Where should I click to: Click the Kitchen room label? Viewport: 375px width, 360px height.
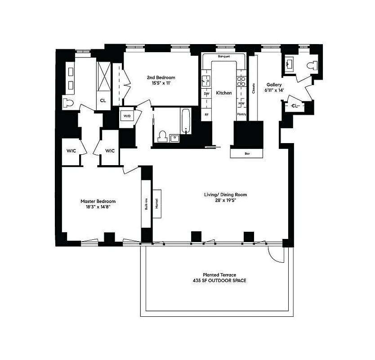224,93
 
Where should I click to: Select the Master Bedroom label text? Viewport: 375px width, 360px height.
98,201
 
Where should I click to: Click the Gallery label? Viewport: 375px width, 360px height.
274,85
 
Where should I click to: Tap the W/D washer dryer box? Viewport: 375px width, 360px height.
126,116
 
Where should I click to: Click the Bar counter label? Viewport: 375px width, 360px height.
247,153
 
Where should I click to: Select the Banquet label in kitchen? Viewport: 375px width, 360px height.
223,57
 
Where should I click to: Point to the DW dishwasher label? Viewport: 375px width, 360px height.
207,94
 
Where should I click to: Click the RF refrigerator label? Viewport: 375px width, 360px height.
207,115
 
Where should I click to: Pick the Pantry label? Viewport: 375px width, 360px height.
241,115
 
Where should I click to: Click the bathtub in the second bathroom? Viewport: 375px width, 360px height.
186,120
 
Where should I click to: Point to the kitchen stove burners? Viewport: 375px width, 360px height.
241,81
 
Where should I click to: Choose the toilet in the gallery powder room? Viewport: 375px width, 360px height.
310,66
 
